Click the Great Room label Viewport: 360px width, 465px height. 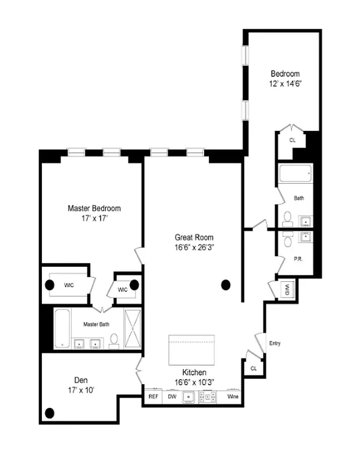[x=194, y=237]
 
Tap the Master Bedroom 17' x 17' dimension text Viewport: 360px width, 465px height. [x=94, y=219]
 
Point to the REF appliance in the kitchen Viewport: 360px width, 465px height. [x=154, y=397]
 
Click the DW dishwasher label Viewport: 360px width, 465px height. [x=172, y=397]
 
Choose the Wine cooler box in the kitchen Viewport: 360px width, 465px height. [x=233, y=397]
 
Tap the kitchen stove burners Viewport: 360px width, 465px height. [x=208, y=397]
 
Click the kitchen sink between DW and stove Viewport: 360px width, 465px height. [x=189, y=397]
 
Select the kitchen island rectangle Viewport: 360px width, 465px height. [x=192, y=349]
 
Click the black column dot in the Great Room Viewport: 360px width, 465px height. [x=226, y=285]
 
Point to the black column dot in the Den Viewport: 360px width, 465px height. [x=49, y=413]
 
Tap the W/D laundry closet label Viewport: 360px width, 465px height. [x=287, y=289]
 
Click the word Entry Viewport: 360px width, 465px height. [x=275, y=344]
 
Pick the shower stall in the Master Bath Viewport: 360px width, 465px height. [x=133, y=328]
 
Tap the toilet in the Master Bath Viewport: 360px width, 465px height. [x=115, y=339]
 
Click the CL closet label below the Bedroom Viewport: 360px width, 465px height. [x=293, y=140]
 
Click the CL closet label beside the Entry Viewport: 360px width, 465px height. [x=254, y=368]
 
